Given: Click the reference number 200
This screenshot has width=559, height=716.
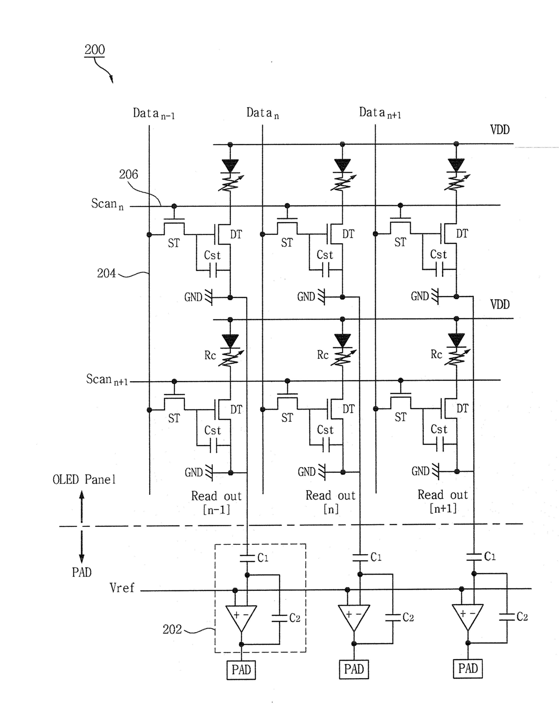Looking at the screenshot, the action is pyautogui.click(x=95, y=50).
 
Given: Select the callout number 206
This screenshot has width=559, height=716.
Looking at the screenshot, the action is pyautogui.click(x=128, y=174).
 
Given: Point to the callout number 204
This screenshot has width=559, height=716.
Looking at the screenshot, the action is pyautogui.click(x=106, y=273).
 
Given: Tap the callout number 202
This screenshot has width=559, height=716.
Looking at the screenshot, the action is pyautogui.click(x=172, y=629).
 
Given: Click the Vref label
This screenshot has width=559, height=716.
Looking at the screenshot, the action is pyautogui.click(x=122, y=588).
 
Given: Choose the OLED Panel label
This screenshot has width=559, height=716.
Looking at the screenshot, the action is pyautogui.click(x=84, y=479).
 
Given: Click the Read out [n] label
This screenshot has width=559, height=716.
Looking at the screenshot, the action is pyautogui.click(x=330, y=502).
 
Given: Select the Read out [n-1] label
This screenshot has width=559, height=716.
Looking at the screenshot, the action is pyautogui.click(x=216, y=502).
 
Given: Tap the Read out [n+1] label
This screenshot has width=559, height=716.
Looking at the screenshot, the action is pyautogui.click(x=443, y=501).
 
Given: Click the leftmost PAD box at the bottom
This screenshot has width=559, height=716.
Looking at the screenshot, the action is pyautogui.click(x=241, y=670).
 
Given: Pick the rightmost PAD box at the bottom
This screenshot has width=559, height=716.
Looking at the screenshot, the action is pyautogui.click(x=468, y=669).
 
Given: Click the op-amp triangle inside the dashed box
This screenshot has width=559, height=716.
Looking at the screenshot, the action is pyautogui.click(x=241, y=618).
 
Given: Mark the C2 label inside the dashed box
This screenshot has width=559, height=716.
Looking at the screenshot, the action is pyautogui.click(x=295, y=618).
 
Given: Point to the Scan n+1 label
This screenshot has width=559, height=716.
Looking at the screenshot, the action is pyautogui.click(x=107, y=379).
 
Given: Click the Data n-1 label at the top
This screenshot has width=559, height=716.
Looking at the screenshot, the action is pyautogui.click(x=154, y=114).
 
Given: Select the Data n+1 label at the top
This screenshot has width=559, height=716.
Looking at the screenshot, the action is pyautogui.click(x=380, y=113).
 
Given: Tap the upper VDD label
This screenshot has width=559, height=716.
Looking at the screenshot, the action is pyautogui.click(x=500, y=129).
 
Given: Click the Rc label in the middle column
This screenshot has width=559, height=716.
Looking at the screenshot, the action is pyautogui.click(x=323, y=355).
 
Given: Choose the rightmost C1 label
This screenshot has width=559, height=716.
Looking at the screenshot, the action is pyautogui.click(x=490, y=556).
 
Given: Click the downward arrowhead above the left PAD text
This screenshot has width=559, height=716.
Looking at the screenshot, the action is pyautogui.click(x=82, y=559).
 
